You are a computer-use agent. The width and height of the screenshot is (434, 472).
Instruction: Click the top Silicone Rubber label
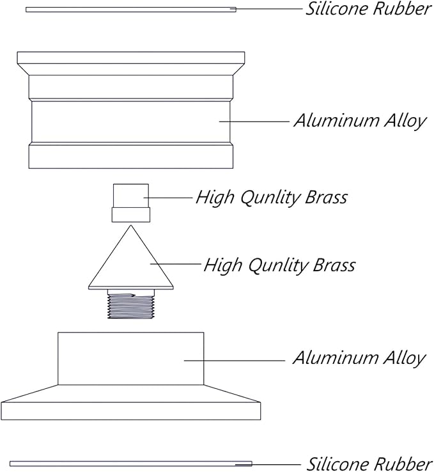[369, 9]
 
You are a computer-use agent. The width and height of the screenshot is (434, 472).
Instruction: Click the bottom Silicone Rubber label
[370, 464]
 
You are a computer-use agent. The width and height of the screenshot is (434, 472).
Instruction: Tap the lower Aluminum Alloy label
[359, 359]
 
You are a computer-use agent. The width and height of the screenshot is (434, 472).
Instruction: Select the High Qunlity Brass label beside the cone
[280, 265]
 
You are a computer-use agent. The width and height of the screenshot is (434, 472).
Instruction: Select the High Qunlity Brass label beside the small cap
[272, 198]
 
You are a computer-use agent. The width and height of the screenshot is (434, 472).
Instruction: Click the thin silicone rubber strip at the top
[131, 10]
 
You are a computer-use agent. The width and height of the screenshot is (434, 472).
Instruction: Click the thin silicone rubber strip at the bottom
[131, 464]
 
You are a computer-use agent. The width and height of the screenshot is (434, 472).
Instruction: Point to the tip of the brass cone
[131, 226]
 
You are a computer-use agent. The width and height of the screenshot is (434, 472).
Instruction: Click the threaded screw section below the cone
[131, 306]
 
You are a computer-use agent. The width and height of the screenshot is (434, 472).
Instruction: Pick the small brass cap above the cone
[131, 203]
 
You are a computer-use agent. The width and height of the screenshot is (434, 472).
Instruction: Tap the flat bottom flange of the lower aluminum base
[131, 411]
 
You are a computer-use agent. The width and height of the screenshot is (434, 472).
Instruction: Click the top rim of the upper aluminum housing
[131, 58]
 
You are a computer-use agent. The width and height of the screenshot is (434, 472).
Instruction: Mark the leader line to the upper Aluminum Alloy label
[254, 122]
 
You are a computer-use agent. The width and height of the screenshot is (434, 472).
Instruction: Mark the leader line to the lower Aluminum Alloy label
[235, 360]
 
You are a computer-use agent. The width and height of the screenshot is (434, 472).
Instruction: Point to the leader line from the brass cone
[176, 264]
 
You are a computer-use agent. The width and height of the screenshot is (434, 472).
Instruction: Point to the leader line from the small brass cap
[168, 198]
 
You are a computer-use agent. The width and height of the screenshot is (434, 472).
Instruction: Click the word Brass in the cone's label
[334, 265]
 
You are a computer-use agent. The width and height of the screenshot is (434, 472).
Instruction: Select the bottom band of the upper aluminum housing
[131, 157]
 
